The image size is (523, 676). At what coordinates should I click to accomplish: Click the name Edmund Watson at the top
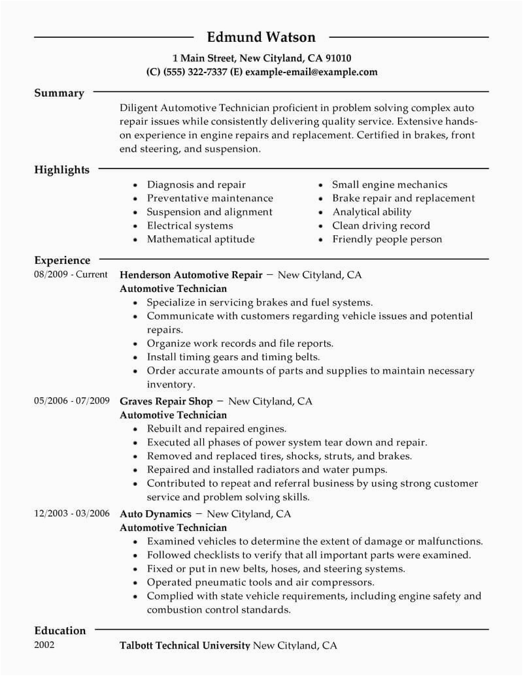coord(261,37)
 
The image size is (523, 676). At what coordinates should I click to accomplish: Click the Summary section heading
coord(59,93)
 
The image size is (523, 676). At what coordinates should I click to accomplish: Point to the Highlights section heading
coord(61,170)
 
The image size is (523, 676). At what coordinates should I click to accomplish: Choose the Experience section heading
coord(62,260)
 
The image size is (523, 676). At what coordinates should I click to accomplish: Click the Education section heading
coord(60,630)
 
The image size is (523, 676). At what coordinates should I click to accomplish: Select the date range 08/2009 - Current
coord(71,274)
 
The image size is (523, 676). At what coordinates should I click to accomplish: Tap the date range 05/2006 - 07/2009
coord(71,400)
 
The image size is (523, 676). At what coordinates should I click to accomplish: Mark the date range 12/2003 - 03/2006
coord(71,513)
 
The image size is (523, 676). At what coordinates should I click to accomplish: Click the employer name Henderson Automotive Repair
coord(191,275)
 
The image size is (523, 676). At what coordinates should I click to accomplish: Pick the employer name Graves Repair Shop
coord(167,401)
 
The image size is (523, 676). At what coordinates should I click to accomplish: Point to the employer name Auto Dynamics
coord(156,514)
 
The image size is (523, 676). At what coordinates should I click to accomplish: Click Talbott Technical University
coord(185,646)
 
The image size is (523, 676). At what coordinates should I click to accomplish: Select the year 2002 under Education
coord(44,645)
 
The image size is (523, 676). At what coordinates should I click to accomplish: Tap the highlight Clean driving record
coord(381,225)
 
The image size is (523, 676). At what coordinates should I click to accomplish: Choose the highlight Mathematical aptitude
coord(201,239)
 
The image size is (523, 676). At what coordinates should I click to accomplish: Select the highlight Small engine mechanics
coord(390,185)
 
